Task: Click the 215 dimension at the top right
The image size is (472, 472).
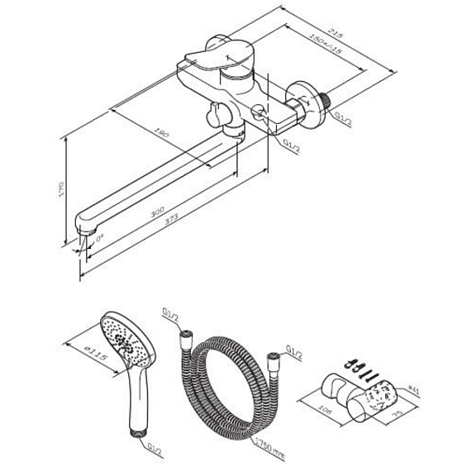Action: coord(332,34)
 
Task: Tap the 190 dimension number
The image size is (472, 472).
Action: coord(163,132)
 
